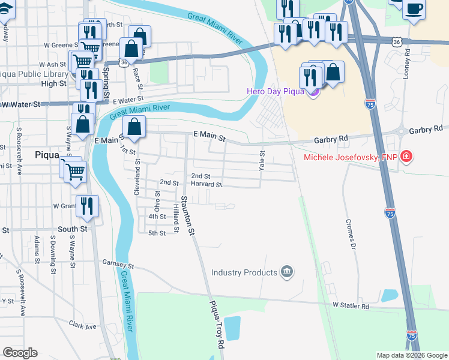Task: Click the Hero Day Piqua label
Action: [x=276, y=91]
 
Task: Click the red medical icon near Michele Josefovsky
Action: [x=407, y=157]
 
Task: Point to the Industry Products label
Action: [x=243, y=272]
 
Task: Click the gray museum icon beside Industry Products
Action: [x=286, y=272]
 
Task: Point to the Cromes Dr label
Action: [x=350, y=233]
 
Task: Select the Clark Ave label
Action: [x=82, y=326]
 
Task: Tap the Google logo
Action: [x=20, y=353]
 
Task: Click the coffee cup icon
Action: [x=414, y=9]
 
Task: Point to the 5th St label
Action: [x=157, y=233]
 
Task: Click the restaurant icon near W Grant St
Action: [x=87, y=206]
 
